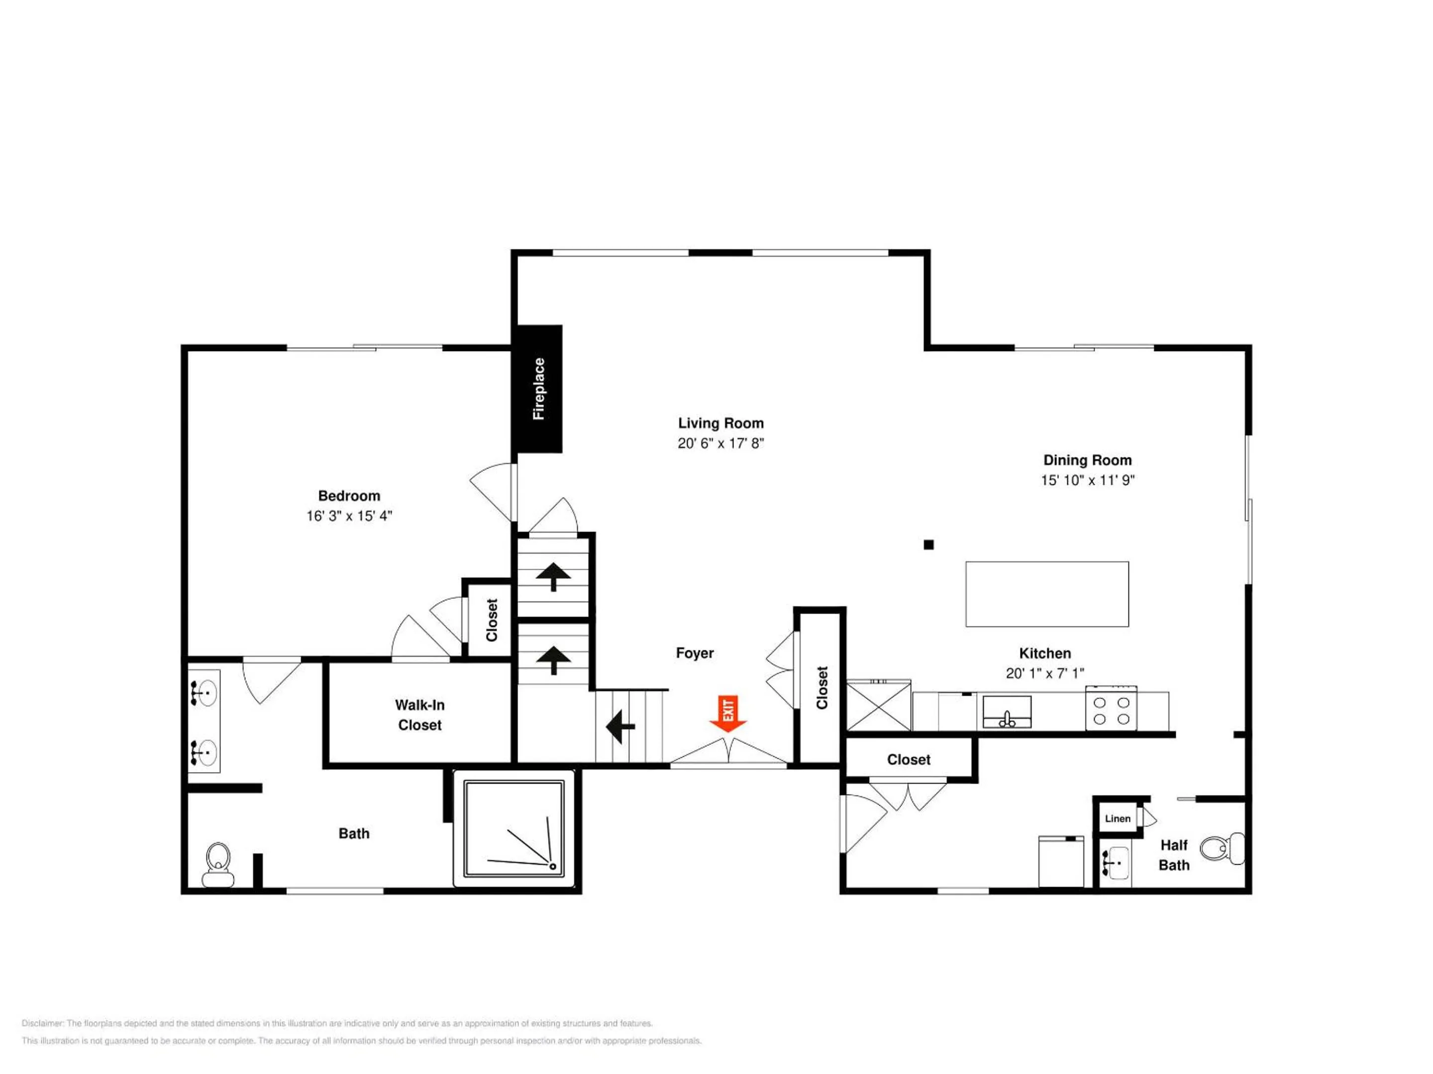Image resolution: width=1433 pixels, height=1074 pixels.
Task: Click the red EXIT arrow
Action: click(728, 714)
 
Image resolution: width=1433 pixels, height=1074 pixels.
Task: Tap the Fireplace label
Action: click(538, 388)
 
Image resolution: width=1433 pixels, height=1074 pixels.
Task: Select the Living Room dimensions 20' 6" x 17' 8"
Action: click(721, 444)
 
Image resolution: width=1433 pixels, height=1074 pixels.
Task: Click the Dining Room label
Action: click(1088, 460)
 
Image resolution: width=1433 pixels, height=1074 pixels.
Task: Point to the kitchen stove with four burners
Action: click(1111, 708)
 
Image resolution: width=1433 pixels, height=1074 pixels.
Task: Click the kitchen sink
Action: click(1007, 712)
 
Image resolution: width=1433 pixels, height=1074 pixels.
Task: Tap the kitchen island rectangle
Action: click(1047, 594)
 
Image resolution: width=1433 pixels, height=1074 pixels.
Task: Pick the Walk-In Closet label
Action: click(420, 715)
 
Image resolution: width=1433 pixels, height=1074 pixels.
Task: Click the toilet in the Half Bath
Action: click(1222, 848)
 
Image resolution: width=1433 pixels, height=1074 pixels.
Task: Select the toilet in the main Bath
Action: click(218, 864)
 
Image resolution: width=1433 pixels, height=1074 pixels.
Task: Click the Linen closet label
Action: click(1118, 819)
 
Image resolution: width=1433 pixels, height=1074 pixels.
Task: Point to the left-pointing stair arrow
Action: click(620, 726)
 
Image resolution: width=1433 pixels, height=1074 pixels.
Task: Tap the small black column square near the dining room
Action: click(928, 544)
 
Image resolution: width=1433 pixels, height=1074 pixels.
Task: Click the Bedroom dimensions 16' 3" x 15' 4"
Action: click(349, 516)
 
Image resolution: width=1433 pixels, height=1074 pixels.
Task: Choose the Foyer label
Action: click(695, 653)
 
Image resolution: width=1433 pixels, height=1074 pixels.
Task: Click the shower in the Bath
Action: click(513, 829)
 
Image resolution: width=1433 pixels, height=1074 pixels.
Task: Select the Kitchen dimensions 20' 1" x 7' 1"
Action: click(1045, 673)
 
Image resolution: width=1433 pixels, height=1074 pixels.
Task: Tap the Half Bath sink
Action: click(1114, 863)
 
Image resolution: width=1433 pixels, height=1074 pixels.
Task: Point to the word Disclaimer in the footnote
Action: click(43, 1023)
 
